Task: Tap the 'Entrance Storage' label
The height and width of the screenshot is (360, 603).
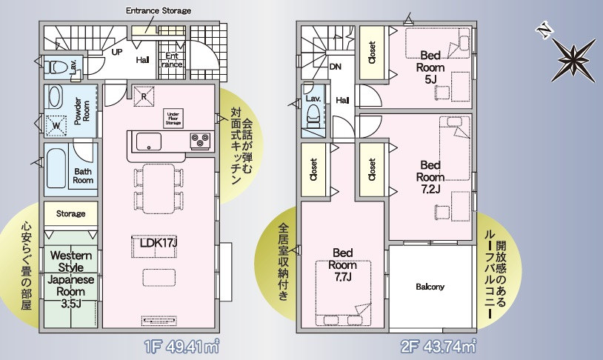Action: click(159, 10)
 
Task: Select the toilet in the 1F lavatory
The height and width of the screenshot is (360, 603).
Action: click(56, 67)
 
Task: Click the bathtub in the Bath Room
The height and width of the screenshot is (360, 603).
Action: click(56, 168)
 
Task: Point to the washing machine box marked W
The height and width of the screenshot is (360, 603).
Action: click(56, 125)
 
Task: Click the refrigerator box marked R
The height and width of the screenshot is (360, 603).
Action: click(144, 96)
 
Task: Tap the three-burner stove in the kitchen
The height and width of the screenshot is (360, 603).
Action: click(200, 141)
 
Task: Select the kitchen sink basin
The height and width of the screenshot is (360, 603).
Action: click(148, 142)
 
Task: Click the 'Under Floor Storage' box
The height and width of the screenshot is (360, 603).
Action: click(173, 118)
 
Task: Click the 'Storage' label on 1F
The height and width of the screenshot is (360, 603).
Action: click(71, 213)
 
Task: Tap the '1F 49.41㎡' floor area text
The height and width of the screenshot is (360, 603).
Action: click(182, 347)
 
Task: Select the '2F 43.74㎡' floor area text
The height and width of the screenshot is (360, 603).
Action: click(438, 347)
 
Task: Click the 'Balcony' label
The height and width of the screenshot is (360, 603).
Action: click(430, 287)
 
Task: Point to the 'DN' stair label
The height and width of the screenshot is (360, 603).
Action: click(336, 67)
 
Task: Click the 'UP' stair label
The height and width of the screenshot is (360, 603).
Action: click(117, 52)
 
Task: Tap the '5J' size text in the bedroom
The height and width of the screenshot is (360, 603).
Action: click(430, 79)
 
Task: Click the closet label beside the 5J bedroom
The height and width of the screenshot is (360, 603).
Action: click(372, 53)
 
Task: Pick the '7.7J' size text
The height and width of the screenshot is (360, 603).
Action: click(342, 277)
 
